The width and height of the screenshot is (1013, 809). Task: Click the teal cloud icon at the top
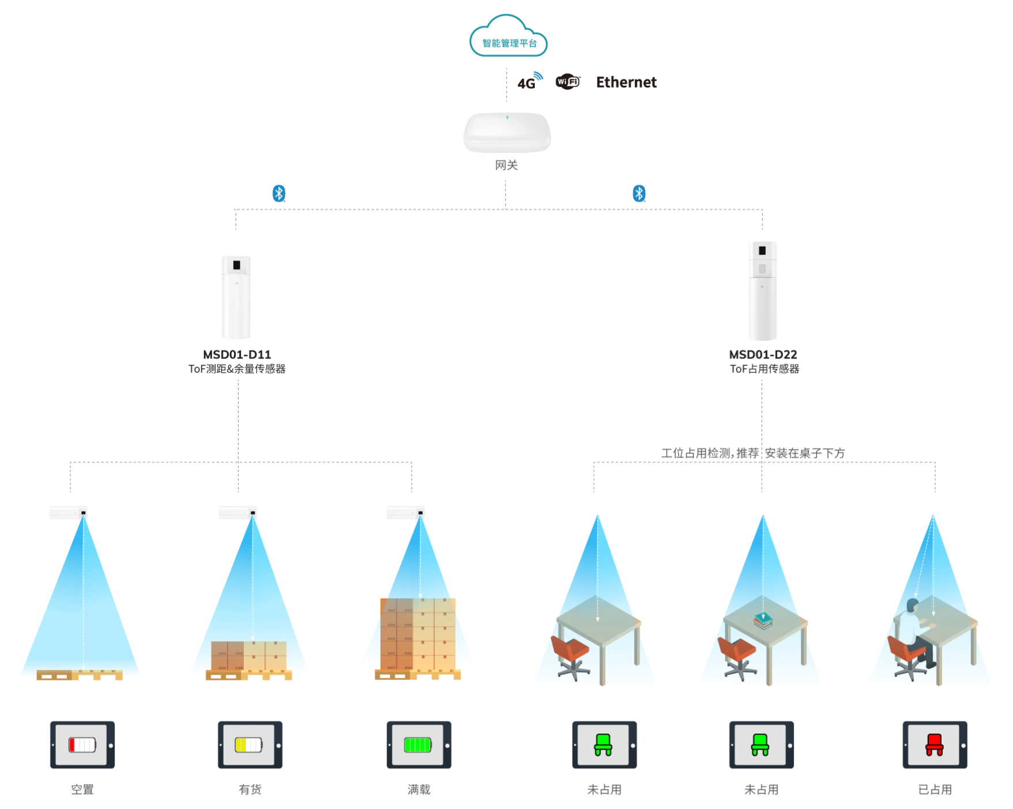pos(506,36)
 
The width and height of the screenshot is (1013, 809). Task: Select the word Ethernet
pos(626,81)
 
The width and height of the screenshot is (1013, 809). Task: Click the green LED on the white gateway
pos(507,118)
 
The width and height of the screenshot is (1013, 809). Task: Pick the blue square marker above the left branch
pos(279,194)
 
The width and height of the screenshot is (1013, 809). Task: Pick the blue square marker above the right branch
pos(640,194)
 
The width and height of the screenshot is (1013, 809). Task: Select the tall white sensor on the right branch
pos(762,290)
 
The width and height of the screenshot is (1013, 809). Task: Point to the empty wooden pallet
pos(80,675)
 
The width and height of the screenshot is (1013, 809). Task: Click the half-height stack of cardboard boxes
pos(248,656)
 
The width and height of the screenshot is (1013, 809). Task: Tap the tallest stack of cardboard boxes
pos(417,634)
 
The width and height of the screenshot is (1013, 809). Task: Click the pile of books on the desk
pos(763,621)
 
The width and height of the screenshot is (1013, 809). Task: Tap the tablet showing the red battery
pos(81,744)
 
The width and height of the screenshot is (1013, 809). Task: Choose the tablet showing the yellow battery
pos(251,744)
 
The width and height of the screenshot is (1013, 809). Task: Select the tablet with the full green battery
pos(417,744)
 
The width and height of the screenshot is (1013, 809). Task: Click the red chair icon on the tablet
pos(934,744)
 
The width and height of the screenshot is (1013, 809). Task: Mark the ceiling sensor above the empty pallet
pos(69,511)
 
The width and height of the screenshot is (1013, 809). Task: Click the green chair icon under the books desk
pos(760,744)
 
